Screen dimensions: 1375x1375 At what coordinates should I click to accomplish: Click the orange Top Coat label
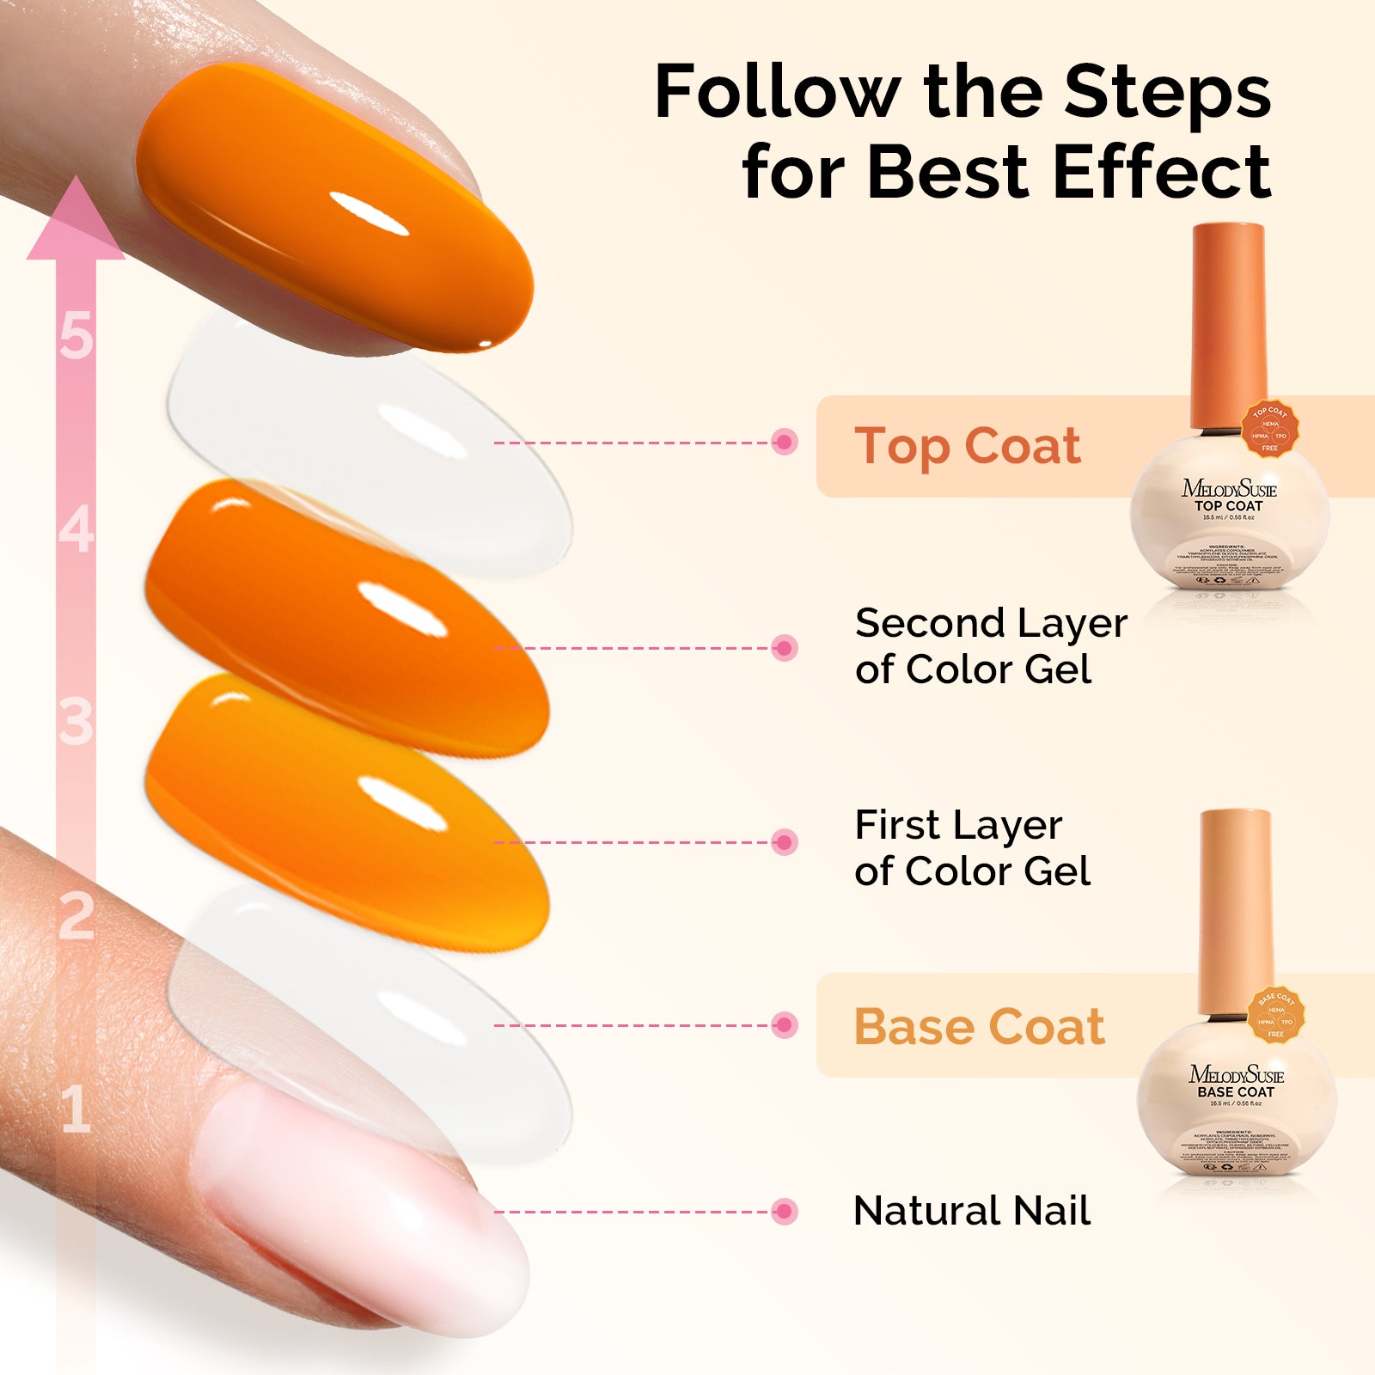point(967,447)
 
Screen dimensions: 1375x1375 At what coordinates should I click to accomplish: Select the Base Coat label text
point(979,1027)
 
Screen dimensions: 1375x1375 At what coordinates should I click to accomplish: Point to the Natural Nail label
point(971,1212)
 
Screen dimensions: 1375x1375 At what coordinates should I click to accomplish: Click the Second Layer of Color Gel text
point(990,646)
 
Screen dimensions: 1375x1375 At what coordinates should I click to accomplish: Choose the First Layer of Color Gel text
point(971,848)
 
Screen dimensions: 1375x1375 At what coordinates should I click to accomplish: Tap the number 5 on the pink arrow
point(76,335)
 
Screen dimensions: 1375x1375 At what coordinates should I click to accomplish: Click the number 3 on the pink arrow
point(76,722)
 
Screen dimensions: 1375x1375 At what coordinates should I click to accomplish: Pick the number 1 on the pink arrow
point(76,1109)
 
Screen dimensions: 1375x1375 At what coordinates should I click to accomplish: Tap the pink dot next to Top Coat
point(784,443)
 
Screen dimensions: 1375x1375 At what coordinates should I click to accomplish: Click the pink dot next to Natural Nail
point(784,1212)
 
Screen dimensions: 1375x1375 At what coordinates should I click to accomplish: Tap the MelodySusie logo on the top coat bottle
point(1229,489)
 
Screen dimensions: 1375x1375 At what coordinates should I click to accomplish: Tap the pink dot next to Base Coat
point(784,1025)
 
